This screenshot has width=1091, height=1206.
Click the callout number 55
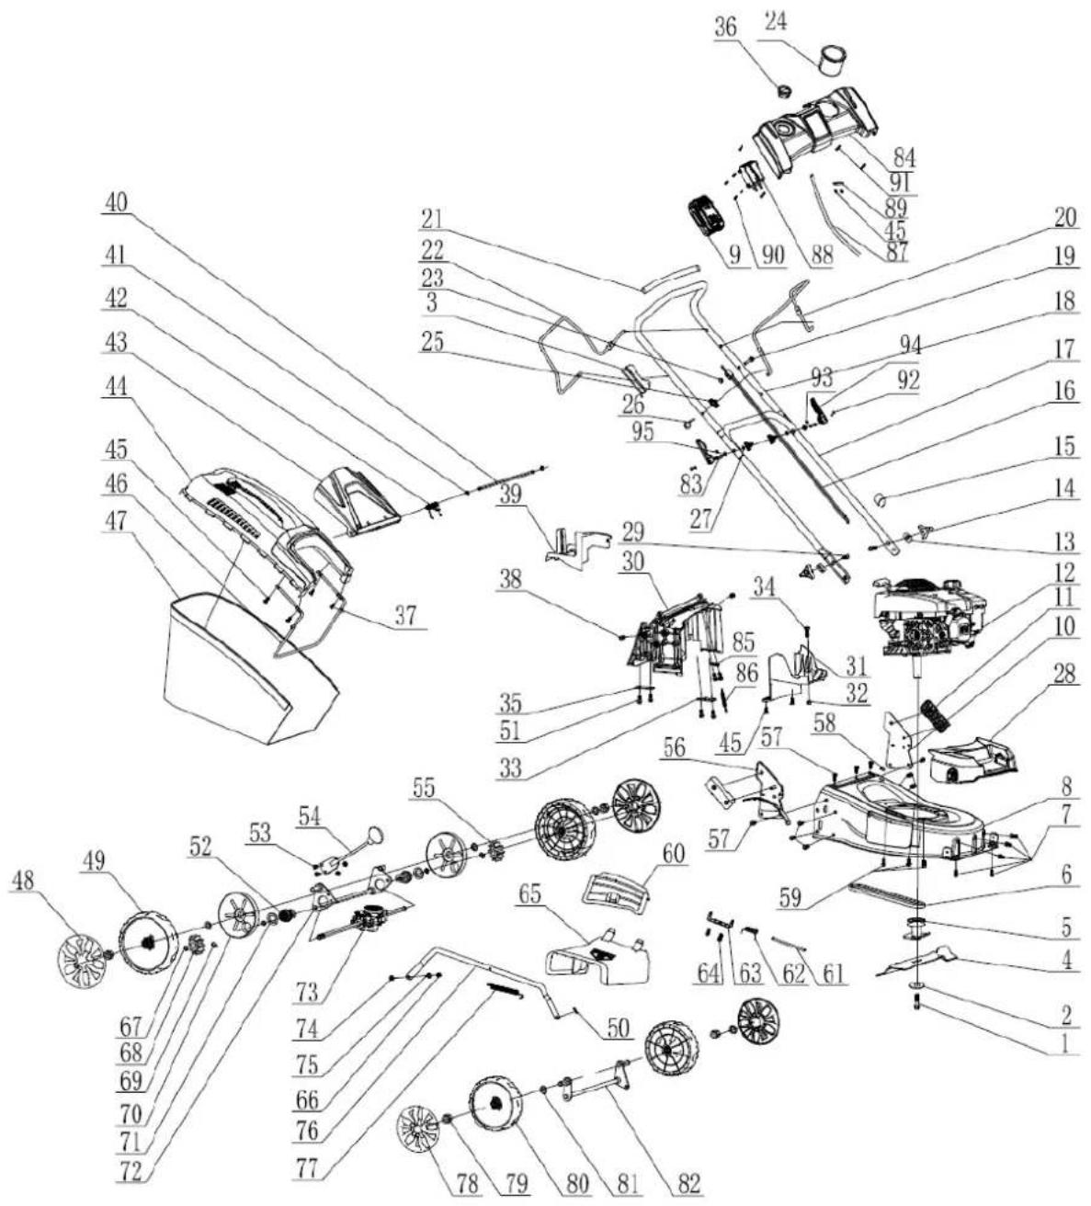tap(424, 788)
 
